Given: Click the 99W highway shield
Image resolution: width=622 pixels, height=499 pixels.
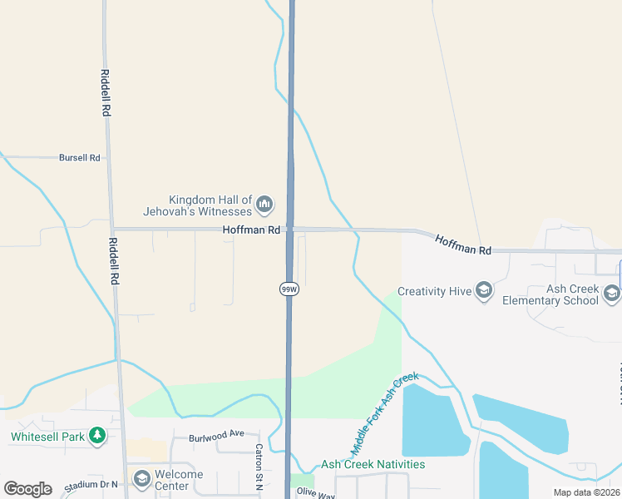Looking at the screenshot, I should pos(289,289).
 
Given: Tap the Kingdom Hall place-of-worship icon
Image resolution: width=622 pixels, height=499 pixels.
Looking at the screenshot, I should pos(265,204).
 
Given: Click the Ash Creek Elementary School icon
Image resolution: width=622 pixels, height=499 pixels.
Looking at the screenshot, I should pos(612,293).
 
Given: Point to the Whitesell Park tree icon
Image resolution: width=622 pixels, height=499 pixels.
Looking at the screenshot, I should pos(97,435).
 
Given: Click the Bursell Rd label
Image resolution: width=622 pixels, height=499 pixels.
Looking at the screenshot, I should pos(79,157).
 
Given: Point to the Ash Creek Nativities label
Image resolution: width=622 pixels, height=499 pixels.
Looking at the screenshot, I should pos(373,464).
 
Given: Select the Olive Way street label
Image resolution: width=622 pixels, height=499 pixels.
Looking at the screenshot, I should pos(316,495).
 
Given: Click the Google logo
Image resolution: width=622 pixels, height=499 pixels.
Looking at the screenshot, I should pos(27,488).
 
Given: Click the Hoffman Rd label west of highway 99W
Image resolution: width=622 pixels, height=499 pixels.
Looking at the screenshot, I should pos(251,230).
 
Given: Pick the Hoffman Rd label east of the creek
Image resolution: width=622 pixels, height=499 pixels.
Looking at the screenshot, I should pos(463,244).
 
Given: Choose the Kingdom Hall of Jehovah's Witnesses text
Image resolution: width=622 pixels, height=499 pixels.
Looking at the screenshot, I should pos(210,205).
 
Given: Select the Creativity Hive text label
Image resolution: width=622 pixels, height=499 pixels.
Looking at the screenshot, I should pos(433,291).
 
